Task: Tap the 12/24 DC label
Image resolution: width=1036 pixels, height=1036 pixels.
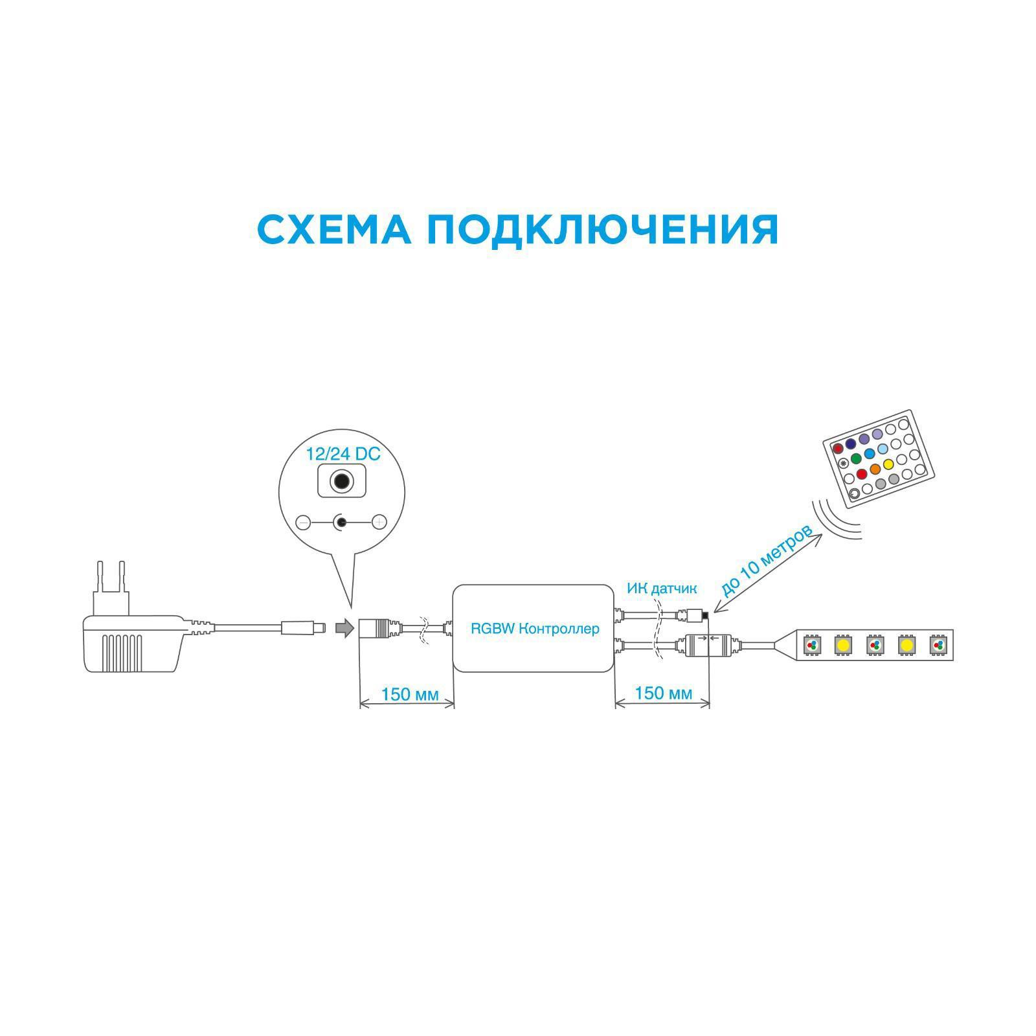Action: [343, 454]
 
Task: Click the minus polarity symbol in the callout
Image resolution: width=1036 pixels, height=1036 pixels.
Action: [303, 521]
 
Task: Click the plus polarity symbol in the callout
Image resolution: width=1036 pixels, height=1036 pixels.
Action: [379, 521]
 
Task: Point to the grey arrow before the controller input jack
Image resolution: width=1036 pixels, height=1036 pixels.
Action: [344, 627]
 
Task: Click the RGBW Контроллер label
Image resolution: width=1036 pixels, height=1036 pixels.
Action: [535, 629]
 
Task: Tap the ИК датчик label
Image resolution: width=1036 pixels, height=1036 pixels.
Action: [661, 589]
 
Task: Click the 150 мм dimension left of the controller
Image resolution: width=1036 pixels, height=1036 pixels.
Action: [410, 694]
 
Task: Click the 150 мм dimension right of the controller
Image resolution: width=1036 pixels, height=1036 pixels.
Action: [663, 693]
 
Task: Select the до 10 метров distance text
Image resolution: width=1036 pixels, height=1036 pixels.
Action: [767, 560]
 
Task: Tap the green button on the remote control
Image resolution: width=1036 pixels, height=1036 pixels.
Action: [855, 458]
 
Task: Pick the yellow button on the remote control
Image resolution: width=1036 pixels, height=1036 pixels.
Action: [888, 464]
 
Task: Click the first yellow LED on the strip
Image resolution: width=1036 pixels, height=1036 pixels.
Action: [842, 646]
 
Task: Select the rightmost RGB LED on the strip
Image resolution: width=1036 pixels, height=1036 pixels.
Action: [938, 646]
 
